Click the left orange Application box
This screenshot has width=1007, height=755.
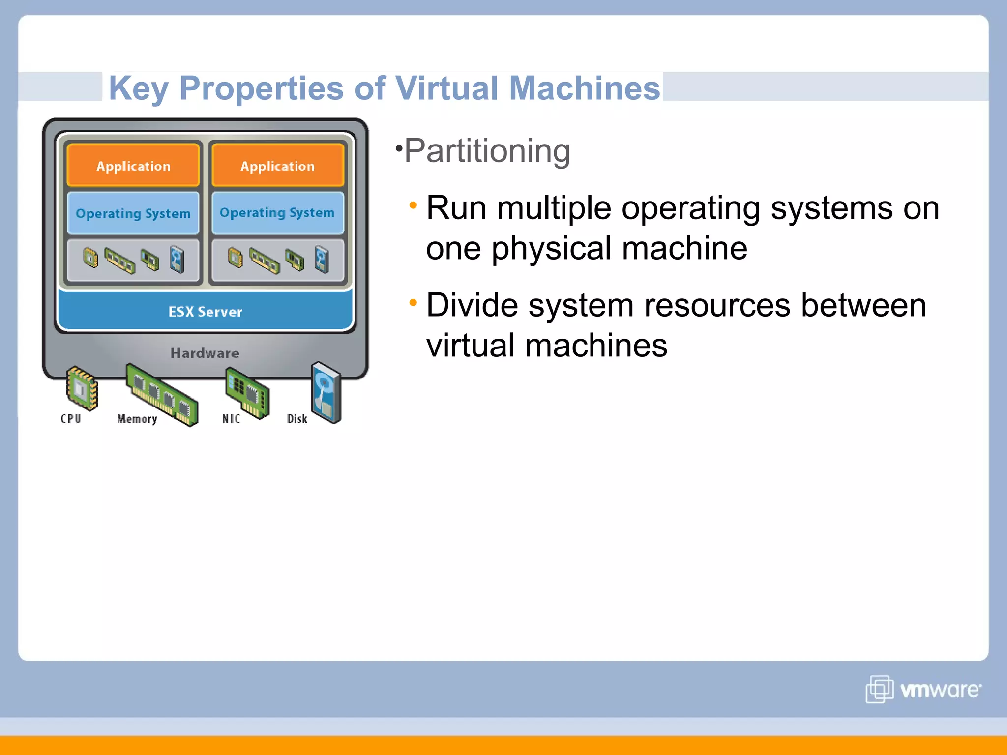133,166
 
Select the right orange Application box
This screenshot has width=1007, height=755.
277,166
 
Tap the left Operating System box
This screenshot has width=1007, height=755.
133,213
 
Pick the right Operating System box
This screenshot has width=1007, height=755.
277,212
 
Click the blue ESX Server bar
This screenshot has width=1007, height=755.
206,311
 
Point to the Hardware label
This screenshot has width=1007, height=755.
205,353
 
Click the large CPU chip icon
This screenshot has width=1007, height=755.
82,388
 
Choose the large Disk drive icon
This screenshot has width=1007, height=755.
326,392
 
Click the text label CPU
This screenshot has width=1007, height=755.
71,419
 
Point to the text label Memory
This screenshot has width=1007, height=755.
137,419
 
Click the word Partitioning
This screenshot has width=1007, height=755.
487,151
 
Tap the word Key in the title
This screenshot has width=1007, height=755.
139,88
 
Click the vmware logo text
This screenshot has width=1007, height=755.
940,690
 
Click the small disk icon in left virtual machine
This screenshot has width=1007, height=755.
177,259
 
